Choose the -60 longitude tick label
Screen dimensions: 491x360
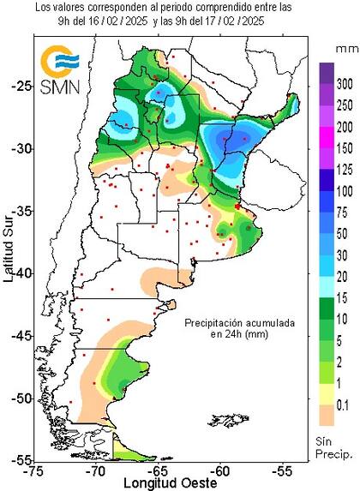pos(220,470)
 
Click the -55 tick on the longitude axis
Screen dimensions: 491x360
pos(282,470)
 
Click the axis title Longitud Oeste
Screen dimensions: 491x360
pos(159,482)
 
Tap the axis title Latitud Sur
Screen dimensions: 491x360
pos(8,249)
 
